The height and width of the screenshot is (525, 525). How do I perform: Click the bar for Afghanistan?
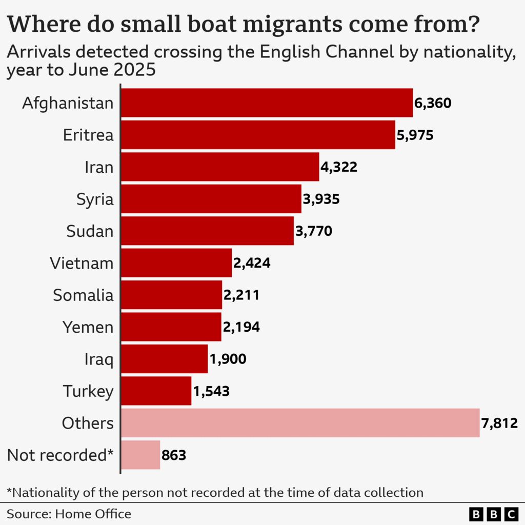tap(267, 103)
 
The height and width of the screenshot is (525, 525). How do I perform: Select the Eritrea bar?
tap(258, 135)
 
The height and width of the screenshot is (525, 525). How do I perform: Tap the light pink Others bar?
tap(300, 423)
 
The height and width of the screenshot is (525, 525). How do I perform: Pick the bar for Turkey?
tap(156, 391)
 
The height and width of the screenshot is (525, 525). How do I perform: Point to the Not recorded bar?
tap(140, 455)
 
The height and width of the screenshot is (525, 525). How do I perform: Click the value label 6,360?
tap(433, 103)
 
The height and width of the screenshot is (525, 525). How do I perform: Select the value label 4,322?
tap(339, 167)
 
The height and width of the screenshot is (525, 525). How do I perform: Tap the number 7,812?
tap(499, 423)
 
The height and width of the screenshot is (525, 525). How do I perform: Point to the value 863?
tap(173, 455)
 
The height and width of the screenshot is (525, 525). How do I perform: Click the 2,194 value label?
tap(241, 327)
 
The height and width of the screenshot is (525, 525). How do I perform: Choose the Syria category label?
tap(95, 199)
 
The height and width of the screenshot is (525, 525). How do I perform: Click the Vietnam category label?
tap(82, 263)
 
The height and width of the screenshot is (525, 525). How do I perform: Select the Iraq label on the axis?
tap(98, 359)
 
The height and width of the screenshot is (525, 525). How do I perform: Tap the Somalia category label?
tap(83, 295)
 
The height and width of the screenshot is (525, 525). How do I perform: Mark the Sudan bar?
tap(207, 231)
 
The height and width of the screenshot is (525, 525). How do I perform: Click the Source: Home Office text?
tap(69, 514)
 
